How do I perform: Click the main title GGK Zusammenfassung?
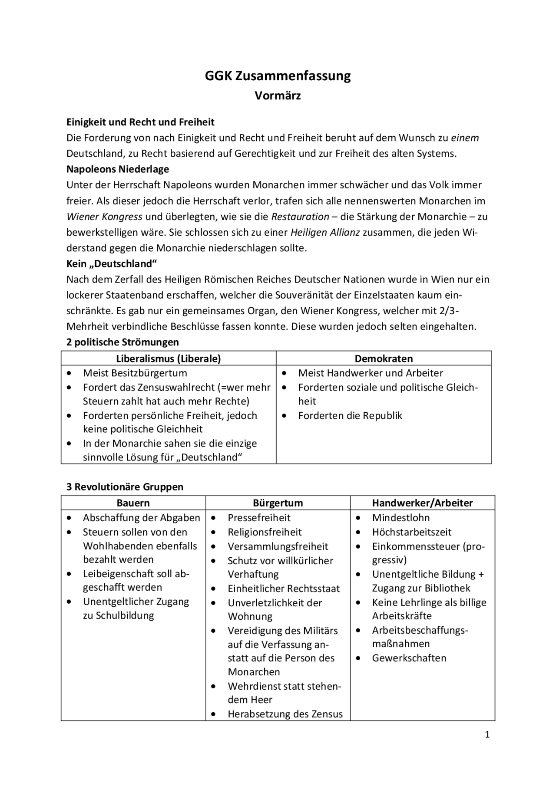278,76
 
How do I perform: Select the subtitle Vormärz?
278,95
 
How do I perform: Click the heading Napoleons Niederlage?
118,169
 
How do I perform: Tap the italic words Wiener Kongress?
104,216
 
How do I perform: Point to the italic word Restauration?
300,216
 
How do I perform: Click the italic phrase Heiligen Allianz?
325,232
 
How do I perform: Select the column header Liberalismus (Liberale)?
168,358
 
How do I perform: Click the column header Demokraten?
384,358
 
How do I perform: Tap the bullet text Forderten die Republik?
350,415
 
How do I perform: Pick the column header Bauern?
133,503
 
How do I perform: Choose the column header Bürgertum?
278,503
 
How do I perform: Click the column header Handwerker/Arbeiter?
422,503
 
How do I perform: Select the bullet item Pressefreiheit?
259,517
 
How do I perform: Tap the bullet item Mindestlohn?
400,517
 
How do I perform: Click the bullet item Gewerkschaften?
409,658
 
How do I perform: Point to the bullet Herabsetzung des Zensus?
285,714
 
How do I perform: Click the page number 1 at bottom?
487,734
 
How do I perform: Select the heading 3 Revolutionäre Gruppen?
125,487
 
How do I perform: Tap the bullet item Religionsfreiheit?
265,532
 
